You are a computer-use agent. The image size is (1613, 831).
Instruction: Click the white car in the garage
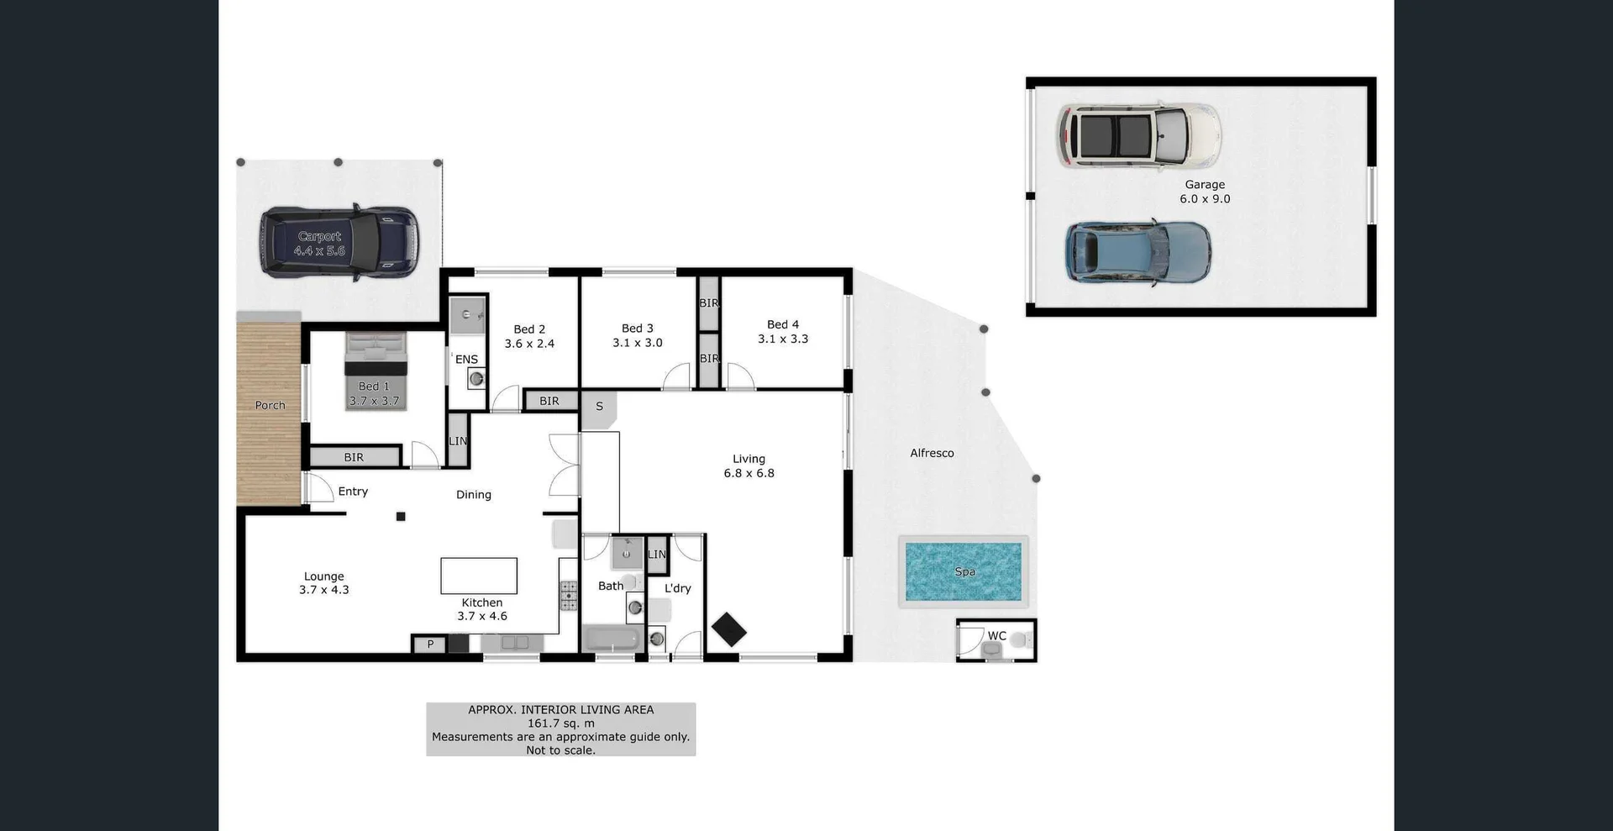[x=1138, y=136]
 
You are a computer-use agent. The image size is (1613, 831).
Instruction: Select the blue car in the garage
[x=1138, y=253]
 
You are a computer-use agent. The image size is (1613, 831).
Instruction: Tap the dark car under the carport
[x=339, y=243]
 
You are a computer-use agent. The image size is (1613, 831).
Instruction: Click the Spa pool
[x=964, y=571]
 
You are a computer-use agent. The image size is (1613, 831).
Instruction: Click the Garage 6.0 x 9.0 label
[x=1205, y=192]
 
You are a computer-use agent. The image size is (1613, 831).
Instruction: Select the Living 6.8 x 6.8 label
[x=749, y=465]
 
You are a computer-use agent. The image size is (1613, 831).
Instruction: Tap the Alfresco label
[x=932, y=453]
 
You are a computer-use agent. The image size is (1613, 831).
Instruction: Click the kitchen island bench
[x=479, y=576]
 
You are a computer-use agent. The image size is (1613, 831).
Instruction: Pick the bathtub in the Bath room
[x=611, y=639]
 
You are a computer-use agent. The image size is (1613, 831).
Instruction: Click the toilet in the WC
[x=1019, y=640]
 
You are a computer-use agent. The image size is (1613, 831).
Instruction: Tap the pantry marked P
[x=429, y=644]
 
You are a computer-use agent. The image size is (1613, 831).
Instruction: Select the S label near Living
[x=599, y=407]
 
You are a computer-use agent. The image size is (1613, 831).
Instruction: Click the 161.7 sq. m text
[x=560, y=723]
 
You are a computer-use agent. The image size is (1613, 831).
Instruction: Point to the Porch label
[x=270, y=405]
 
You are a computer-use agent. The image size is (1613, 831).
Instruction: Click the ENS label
[x=466, y=360]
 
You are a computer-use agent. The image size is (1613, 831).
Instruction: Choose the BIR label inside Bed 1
[x=354, y=457]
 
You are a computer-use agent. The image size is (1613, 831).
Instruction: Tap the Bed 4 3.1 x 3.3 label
[x=783, y=331]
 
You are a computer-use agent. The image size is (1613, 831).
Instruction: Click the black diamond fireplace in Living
[x=728, y=629]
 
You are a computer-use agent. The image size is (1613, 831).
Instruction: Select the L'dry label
[x=677, y=588]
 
